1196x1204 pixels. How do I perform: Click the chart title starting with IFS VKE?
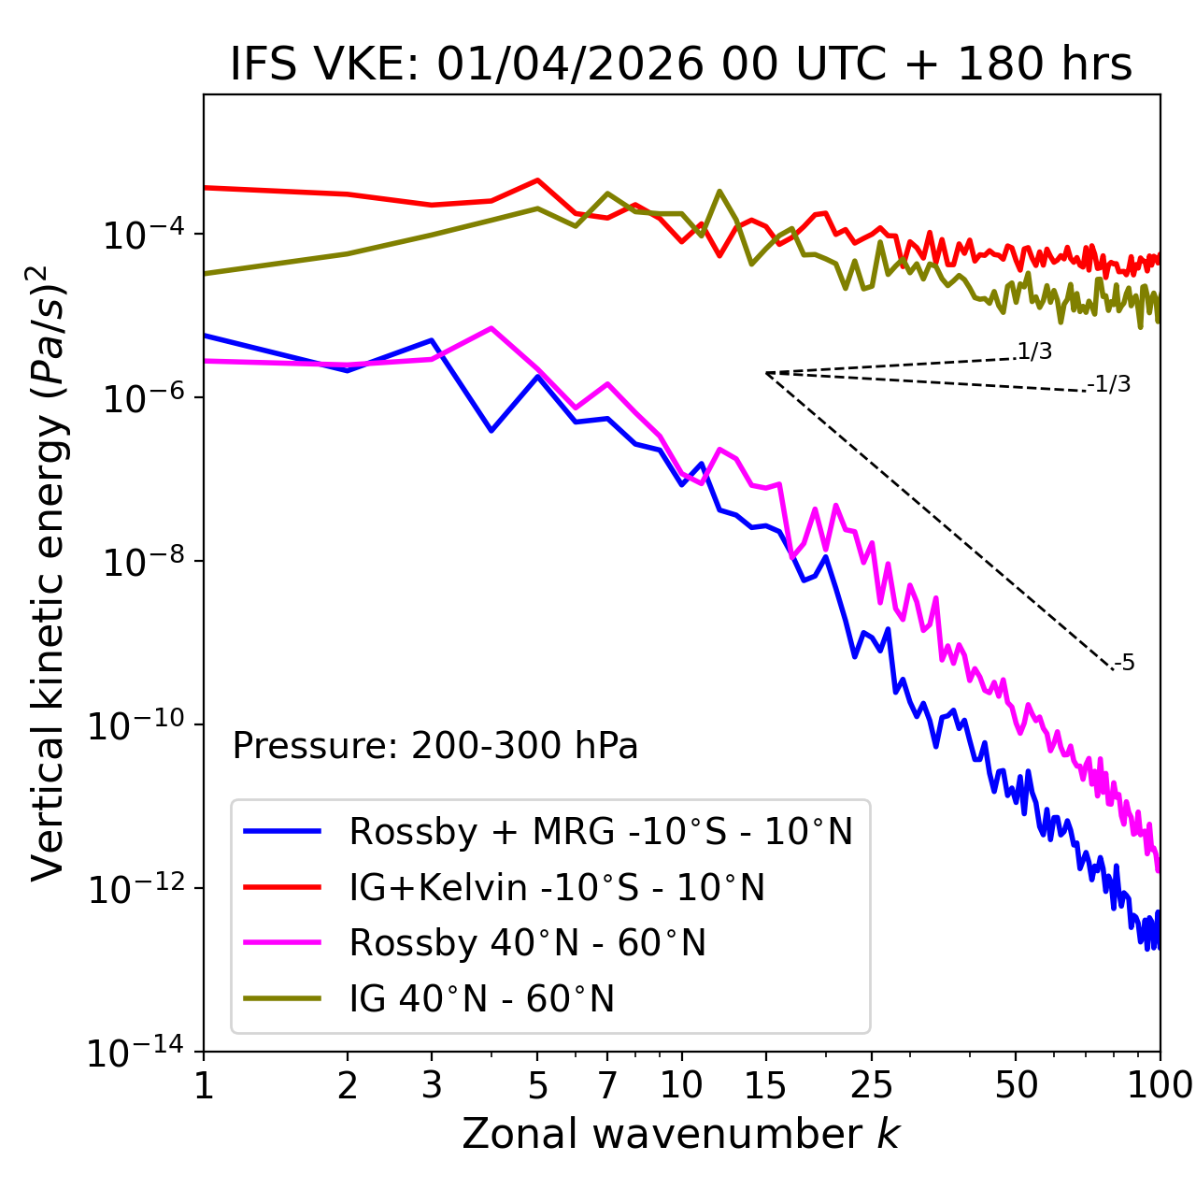pyautogui.click(x=681, y=64)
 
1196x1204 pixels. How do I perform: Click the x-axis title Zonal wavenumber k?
pyautogui.click(x=681, y=1133)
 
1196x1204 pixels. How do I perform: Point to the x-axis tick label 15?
pyautogui.click(x=765, y=1085)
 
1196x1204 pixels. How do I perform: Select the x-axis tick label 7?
pyautogui.click(x=607, y=1085)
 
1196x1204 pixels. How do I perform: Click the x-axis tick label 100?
pyautogui.click(x=1160, y=1085)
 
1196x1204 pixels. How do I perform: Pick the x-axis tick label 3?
pyautogui.click(x=431, y=1085)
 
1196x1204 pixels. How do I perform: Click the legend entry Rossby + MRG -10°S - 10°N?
pyautogui.click(x=601, y=831)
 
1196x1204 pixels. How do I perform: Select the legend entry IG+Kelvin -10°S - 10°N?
pyautogui.click(x=557, y=887)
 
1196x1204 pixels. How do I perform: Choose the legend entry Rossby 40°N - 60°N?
pyautogui.click(x=527, y=943)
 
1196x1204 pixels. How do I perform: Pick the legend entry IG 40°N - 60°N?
pyautogui.click(x=481, y=999)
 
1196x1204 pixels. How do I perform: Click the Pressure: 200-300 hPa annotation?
pyautogui.click(x=435, y=746)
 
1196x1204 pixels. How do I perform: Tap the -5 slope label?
pyautogui.click(x=1124, y=663)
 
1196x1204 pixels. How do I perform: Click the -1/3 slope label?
pyautogui.click(x=1109, y=383)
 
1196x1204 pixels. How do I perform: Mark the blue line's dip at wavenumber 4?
pyautogui.click(x=491, y=431)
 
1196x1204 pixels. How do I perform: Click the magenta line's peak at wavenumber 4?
pyautogui.click(x=491, y=328)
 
